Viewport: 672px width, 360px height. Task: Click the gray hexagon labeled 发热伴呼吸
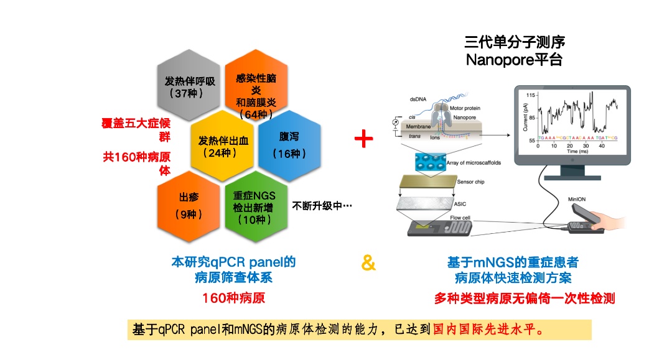pos(190,86)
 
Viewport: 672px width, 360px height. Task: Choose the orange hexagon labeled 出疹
pos(189,206)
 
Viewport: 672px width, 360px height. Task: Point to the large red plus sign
pos(363,139)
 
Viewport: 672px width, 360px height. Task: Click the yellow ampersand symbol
pos(368,264)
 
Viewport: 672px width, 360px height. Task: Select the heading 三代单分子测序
pos(515,42)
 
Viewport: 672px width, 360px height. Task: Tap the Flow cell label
pos(461,218)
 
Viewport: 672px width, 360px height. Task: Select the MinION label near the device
pos(577,200)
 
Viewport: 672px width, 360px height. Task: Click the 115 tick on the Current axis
pos(531,95)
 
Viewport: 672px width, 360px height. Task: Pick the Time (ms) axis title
pos(577,151)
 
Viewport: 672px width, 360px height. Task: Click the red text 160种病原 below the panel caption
pos(233,298)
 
